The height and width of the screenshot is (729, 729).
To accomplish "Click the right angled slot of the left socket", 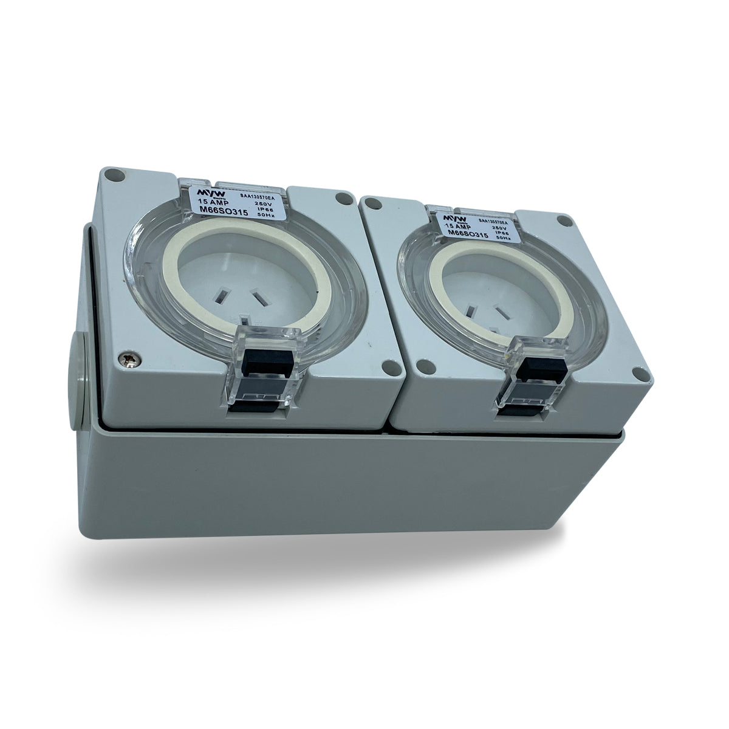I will pos(261,299).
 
